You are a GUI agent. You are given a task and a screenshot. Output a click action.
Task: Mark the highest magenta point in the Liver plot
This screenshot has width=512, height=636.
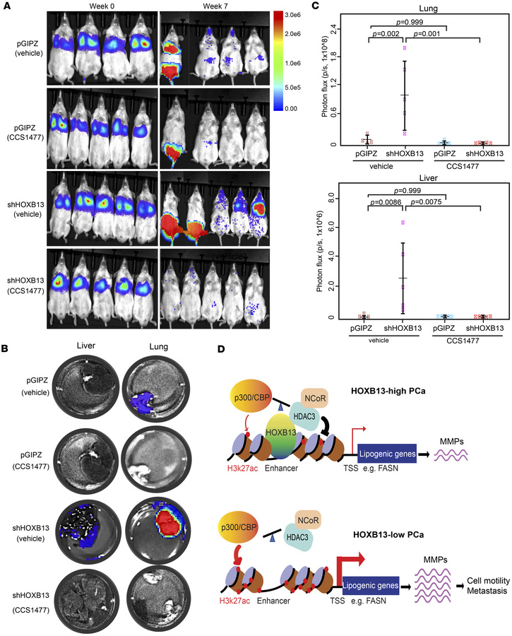(403, 222)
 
